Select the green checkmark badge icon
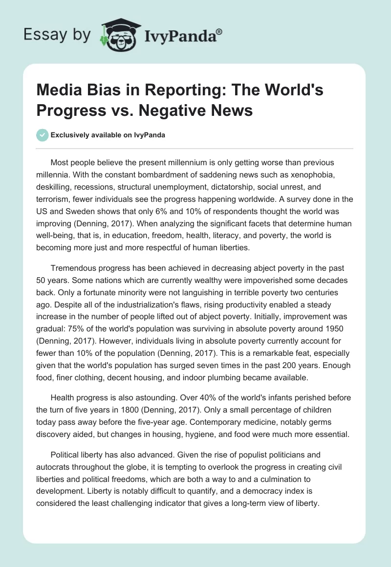tap(43, 135)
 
